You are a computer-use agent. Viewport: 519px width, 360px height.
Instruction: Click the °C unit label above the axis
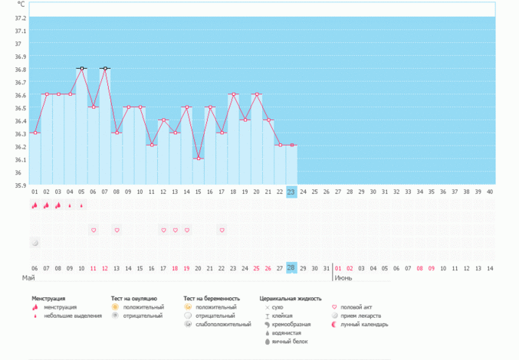[x=21, y=5]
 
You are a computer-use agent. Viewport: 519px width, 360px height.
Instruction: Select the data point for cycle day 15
[x=199, y=159]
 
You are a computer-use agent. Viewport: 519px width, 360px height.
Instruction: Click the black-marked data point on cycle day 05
[x=81, y=69]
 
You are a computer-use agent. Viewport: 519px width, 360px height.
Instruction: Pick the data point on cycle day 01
[x=35, y=133]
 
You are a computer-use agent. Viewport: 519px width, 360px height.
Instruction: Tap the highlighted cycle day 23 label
[x=291, y=191]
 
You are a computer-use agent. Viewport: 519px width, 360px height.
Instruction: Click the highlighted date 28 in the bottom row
[x=291, y=268]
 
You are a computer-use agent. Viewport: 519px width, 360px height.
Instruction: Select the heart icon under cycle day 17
[x=222, y=230]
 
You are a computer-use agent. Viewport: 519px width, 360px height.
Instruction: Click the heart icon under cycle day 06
[x=94, y=230]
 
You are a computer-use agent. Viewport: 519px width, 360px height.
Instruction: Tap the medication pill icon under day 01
[x=35, y=243]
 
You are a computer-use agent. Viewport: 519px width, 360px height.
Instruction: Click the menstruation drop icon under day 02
[x=47, y=205]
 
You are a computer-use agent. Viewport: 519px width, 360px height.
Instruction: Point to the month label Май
[x=28, y=277]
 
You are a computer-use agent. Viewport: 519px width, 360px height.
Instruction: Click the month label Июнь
[x=343, y=277]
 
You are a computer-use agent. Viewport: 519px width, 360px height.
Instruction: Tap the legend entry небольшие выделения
[x=73, y=316]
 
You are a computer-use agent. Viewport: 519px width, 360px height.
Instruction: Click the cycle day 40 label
[x=490, y=191]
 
